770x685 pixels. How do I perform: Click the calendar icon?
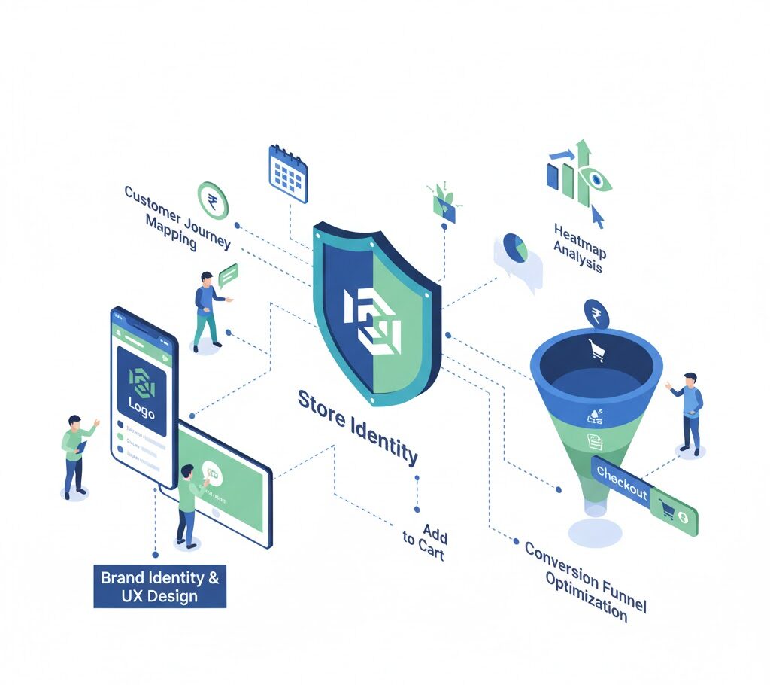pos(288,174)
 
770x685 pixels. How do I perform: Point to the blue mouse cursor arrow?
pos(598,215)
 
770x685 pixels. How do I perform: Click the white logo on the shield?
pos(373,317)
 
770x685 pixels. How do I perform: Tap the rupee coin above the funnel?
pos(596,313)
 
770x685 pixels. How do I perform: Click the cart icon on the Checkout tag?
pos(666,509)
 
